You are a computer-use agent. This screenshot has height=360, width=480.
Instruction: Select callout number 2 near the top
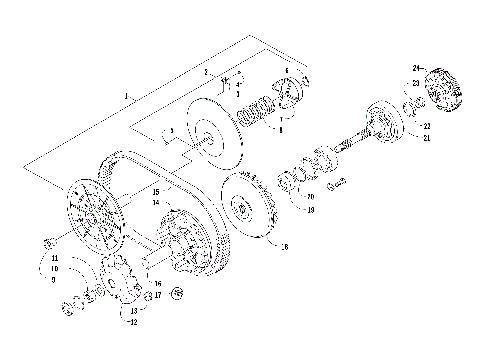tap(206, 72)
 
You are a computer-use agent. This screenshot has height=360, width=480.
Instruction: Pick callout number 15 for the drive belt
tap(155, 190)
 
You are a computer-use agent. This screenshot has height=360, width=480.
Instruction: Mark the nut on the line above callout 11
tap(47, 243)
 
